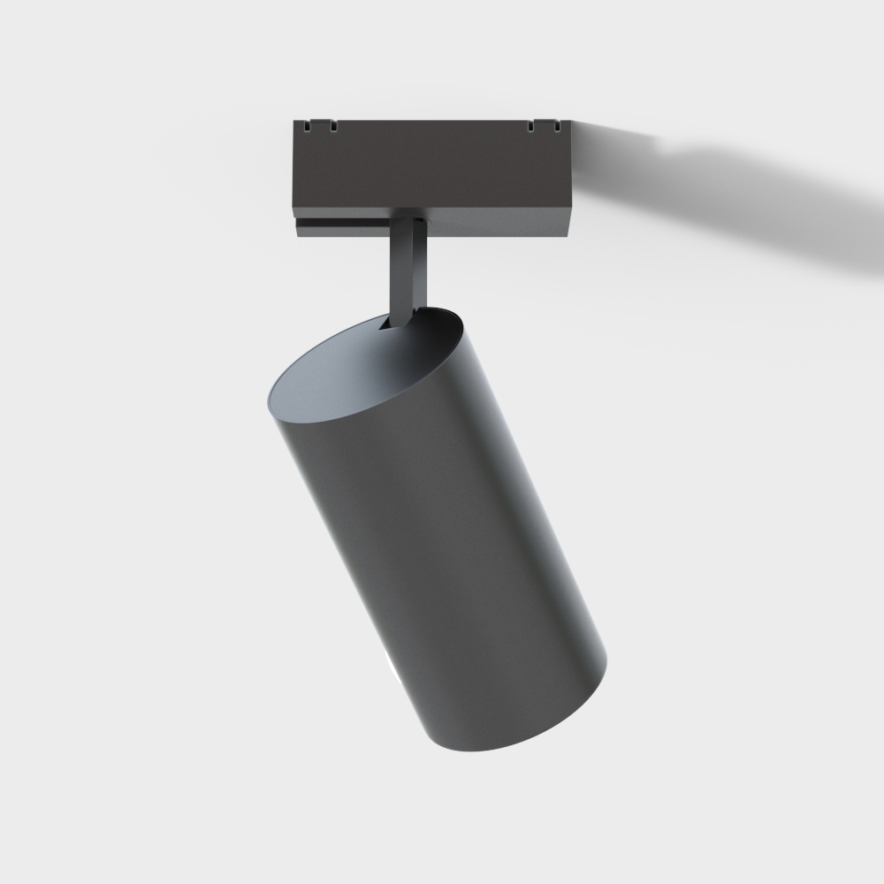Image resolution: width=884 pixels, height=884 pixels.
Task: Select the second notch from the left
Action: pos(333,128)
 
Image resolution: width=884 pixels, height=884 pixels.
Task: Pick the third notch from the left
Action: pos(530,128)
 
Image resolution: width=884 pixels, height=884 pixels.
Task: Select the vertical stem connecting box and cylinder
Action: pos(408,265)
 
